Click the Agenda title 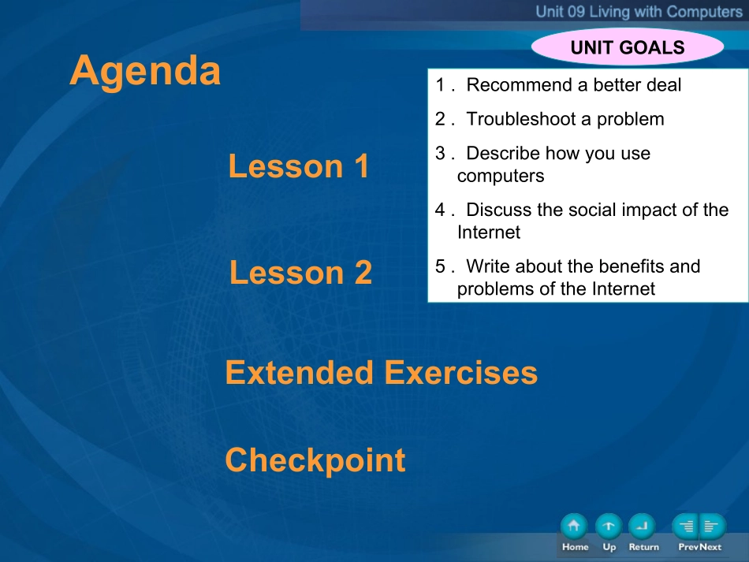tap(145, 71)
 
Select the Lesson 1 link tap(299, 166)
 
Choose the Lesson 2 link tap(300, 272)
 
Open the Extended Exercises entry tap(381, 373)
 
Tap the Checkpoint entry tap(315, 460)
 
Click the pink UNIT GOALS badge tap(628, 47)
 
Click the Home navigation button tap(574, 527)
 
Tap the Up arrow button tap(609, 527)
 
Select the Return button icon tap(643, 527)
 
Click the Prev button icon tap(686, 527)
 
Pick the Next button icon tap(713, 527)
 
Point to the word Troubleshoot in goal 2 tap(522, 119)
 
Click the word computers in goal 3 tap(501, 177)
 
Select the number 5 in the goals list tap(440, 266)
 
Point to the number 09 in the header tap(575, 12)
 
